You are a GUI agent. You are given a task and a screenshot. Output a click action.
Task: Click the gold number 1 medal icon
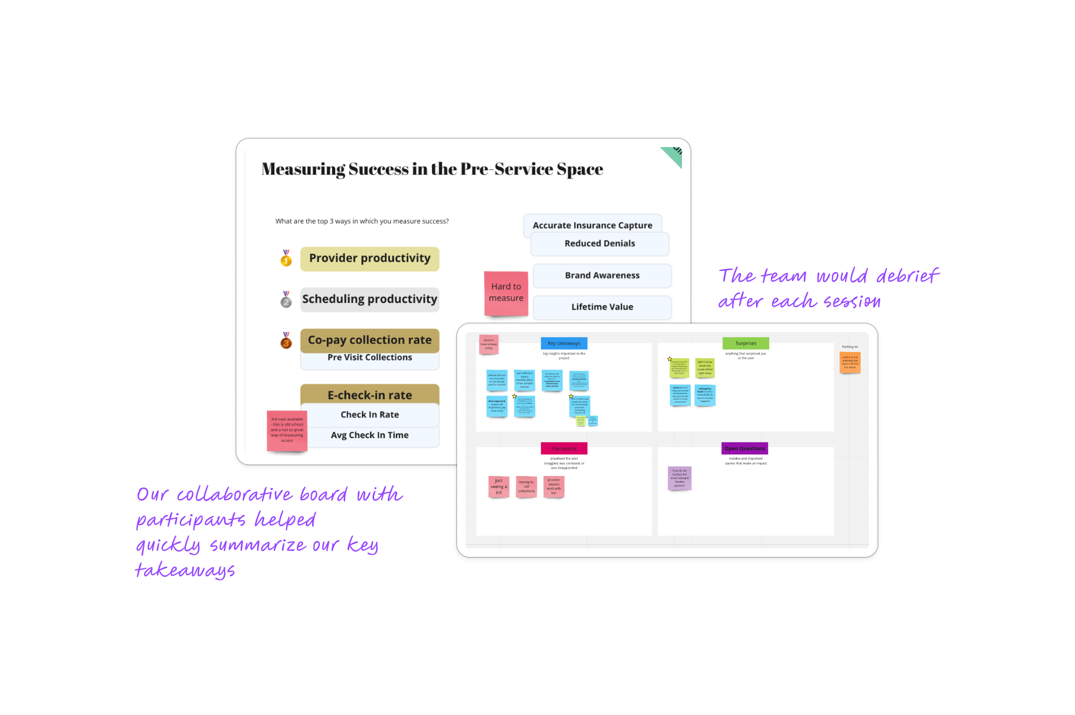(286, 258)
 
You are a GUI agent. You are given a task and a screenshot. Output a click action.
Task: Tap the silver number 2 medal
(286, 300)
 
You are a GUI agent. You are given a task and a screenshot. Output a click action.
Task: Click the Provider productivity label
(369, 258)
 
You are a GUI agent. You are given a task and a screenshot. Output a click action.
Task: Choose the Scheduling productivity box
(369, 299)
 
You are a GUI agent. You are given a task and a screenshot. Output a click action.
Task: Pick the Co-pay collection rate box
(369, 340)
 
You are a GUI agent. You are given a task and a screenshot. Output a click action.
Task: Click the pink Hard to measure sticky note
(506, 293)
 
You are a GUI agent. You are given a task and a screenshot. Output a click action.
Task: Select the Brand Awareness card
(602, 276)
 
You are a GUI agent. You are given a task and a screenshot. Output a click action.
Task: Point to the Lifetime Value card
(602, 307)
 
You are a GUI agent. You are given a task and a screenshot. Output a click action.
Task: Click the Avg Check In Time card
(369, 436)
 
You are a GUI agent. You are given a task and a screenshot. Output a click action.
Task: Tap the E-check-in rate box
(369, 394)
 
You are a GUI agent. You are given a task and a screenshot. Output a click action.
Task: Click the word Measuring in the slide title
(303, 169)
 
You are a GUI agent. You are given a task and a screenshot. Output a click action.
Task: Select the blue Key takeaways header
(564, 344)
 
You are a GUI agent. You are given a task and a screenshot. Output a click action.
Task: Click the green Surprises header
(746, 344)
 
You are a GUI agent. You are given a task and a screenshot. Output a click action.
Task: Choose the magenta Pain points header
(564, 449)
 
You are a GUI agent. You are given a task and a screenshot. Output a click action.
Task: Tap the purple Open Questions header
(745, 449)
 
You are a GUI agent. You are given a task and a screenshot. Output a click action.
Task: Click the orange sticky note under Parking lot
(850, 362)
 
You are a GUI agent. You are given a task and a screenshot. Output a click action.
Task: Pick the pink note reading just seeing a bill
(499, 486)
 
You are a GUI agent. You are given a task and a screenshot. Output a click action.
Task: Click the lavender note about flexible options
(679, 478)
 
